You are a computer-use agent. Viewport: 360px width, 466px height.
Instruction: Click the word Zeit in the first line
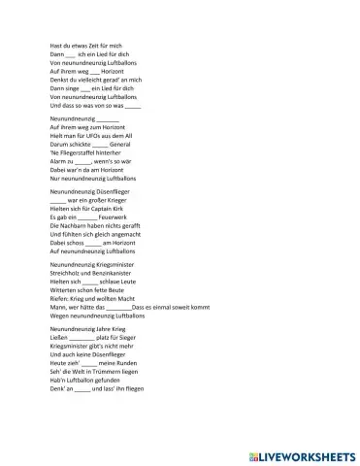point(92,46)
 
